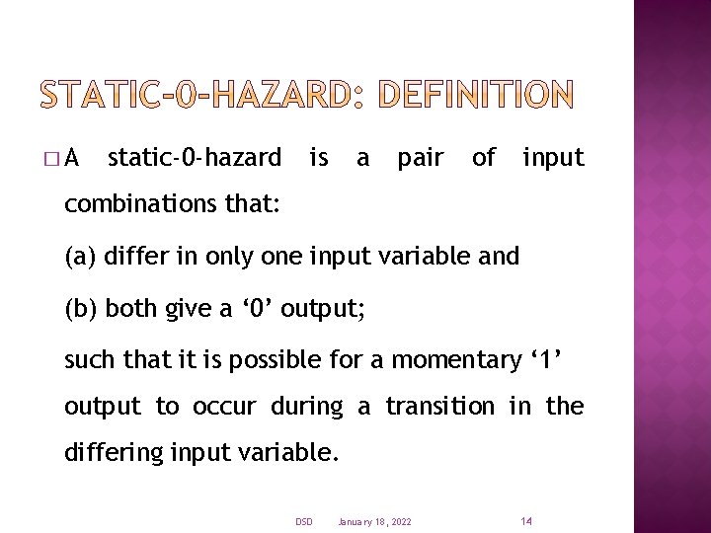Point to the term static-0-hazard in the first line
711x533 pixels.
(194, 157)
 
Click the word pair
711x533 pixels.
(420, 158)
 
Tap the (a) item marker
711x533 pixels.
(81, 258)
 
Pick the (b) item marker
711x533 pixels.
(81, 308)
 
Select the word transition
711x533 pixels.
(438, 406)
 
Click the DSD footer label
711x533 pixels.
(303, 521)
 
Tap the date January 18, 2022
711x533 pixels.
(374, 521)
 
